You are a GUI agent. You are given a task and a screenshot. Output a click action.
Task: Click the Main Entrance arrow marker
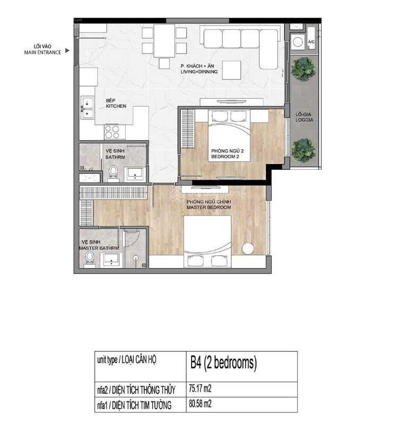(x=67, y=50)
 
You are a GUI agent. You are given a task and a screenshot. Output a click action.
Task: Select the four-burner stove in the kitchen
(x=112, y=132)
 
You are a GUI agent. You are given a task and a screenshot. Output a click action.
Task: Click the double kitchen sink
(x=88, y=108)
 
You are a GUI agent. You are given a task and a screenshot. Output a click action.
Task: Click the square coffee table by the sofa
(x=231, y=70)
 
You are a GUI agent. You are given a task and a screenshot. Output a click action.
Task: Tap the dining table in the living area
(x=164, y=41)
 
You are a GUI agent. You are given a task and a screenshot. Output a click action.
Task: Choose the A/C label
(x=311, y=42)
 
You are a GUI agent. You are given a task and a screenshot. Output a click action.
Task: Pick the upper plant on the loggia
(x=303, y=69)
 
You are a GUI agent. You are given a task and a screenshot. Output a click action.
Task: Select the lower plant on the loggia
(x=303, y=150)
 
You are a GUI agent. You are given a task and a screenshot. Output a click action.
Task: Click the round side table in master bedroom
(x=248, y=248)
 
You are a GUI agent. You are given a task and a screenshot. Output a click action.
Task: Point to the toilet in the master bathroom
(x=89, y=259)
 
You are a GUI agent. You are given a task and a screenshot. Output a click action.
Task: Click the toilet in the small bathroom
(x=113, y=174)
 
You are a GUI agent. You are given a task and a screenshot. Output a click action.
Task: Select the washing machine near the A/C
(x=298, y=42)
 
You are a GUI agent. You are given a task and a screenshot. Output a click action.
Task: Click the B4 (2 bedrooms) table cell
(x=242, y=366)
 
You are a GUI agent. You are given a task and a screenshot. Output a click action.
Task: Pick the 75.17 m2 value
(x=200, y=389)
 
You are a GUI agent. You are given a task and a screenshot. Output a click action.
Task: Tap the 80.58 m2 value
(x=200, y=404)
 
